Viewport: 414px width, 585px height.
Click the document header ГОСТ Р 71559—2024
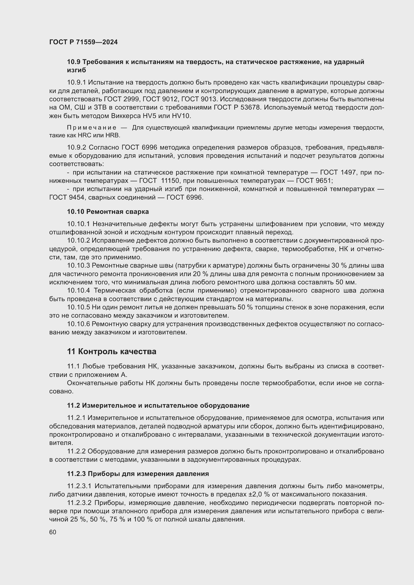pos(83,42)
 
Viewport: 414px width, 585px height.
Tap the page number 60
pos(53,532)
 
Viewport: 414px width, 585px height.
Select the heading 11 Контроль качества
pos(112,352)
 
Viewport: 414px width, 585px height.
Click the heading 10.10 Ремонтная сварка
pos(108,212)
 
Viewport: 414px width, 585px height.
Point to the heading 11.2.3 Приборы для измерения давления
pos(138,474)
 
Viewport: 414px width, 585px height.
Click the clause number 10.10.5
pos(79,307)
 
